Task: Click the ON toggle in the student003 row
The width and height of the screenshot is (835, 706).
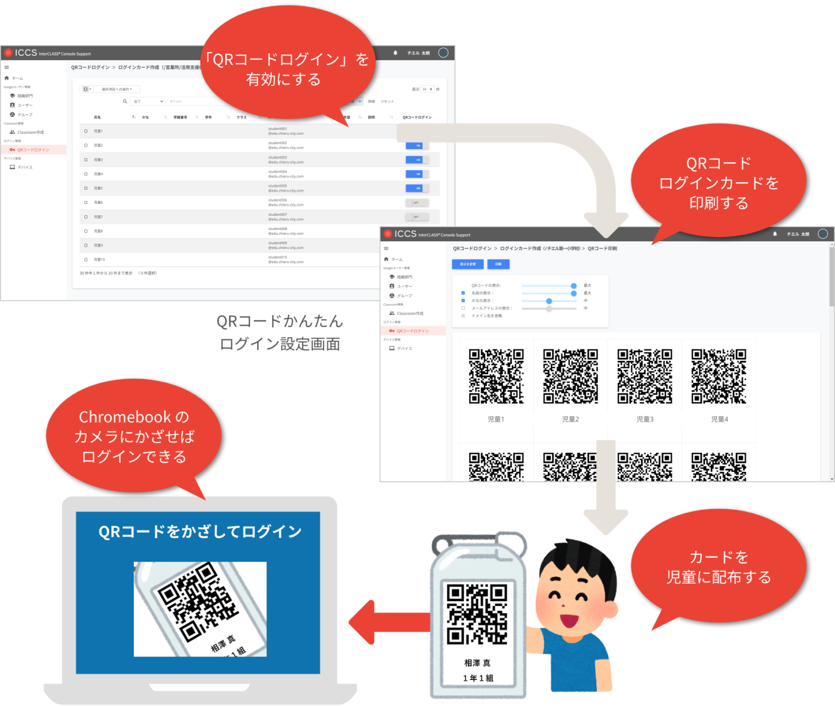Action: (417, 160)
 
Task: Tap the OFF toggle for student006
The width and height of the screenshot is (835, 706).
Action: (417, 203)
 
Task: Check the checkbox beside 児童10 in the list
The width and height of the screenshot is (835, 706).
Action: (86, 259)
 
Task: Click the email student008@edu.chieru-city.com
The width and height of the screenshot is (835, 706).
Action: (285, 231)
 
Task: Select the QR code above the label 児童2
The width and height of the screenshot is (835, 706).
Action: (570, 376)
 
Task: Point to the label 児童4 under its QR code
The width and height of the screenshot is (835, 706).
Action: (719, 419)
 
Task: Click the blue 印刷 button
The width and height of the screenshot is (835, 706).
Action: (498, 264)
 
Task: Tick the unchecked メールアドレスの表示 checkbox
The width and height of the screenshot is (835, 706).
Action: (463, 308)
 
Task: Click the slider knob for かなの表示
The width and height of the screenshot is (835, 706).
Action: (549, 301)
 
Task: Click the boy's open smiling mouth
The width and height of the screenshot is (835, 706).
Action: (568, 620)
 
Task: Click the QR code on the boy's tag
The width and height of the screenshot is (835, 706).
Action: (477, 614)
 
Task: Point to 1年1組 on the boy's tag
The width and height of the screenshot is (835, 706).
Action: (478, 678)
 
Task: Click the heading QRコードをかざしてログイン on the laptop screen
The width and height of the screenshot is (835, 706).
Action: (200, 532)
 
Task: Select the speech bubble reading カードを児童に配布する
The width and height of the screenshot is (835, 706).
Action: (718, 567)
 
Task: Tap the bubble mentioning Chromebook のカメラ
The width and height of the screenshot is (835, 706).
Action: (134, 436)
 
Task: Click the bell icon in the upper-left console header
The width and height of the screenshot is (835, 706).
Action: (395, 53)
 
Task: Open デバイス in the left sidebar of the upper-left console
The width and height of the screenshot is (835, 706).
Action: (24, 167)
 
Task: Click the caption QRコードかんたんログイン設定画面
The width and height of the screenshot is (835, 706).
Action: (279, 333)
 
